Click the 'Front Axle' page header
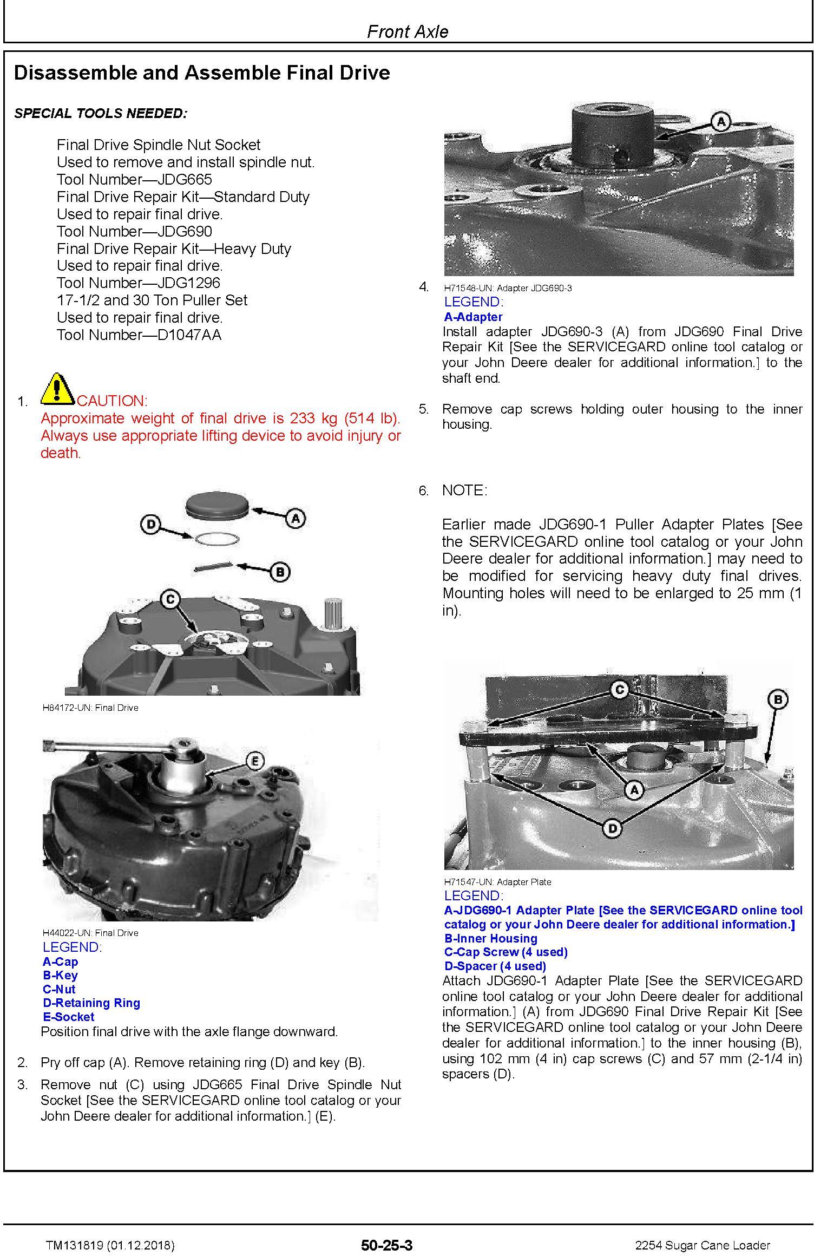[x=407, y=31]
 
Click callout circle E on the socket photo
[x=255, y=761]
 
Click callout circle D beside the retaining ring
[x=150, y=524]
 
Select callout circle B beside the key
[x=280, y=572]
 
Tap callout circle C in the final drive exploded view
[x=170, y=599]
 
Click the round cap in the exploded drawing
[x=217, y=505]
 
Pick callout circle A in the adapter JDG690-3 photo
[x=720, y=122]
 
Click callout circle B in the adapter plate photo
[x=778, y=699]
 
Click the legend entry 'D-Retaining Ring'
[x=91, y=1003]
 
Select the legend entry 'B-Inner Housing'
[x=491, y=938]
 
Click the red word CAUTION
[x=112, y=401]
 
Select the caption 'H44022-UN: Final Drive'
[x=90, y=932]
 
